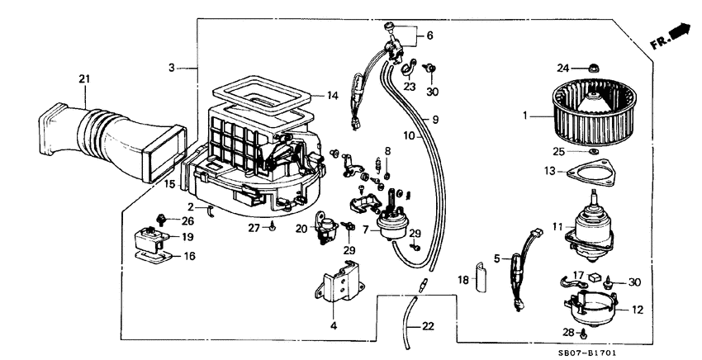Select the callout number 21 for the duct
point(83,79)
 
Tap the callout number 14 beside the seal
point(332,96)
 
